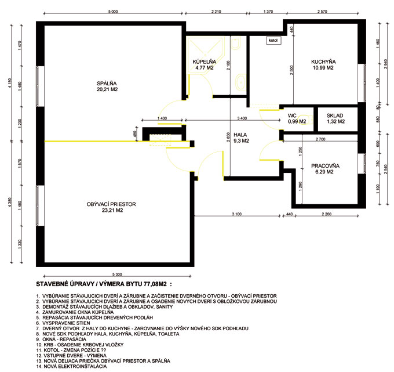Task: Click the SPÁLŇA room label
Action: click(x=107, y=84)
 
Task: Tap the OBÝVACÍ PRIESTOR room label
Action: click(x=111, y=204)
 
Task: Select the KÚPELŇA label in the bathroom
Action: click(x=205, y=62)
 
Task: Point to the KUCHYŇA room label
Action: click(x=323, y=62)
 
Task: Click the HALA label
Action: click(x=240, y=135)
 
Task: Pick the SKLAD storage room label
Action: click(x=335, y=115)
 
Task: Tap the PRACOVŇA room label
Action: click(x=325, y=166)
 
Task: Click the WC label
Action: click(x=292, y=115)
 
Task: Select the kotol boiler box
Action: click(x=273, y=40)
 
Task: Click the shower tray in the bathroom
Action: click(x=206, y=56)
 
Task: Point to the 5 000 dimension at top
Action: click(x=113, y=12)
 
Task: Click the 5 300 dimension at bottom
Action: click(x=117, y=275)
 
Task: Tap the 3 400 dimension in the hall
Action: click(x=242, y=118)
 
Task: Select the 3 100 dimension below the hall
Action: click(x=237, y=214)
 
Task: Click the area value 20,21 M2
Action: click(x=107, y=89)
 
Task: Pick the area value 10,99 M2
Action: click(x=323, y=68)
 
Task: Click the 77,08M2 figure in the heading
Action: click(x=155, y=284)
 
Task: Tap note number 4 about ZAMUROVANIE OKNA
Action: click(x=75, y=312)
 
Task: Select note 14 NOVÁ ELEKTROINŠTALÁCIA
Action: click(x=72, y=366)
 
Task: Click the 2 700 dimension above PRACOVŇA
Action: click(x=320, y=139)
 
